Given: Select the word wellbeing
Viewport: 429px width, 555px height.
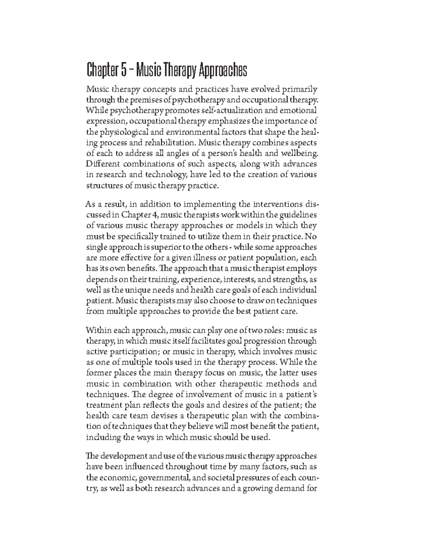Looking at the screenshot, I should pyautogui.click(x=300, y=153).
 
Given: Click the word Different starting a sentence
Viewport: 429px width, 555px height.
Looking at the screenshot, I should pyautogui.click(x=102, y=164).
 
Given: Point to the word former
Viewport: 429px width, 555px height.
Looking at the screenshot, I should pyautogui.click(x=97, y=373).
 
